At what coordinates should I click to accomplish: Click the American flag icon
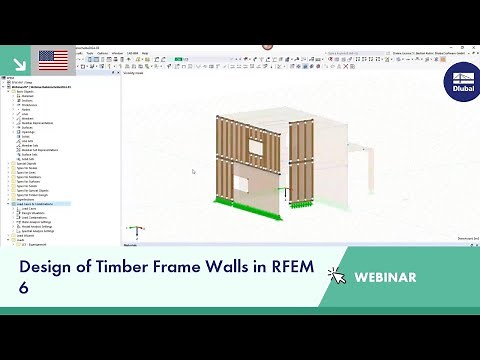tap(53, 59)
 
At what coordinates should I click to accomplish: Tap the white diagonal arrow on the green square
tap(17, 59)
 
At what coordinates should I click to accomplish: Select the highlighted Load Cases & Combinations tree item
tap(36, 203)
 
